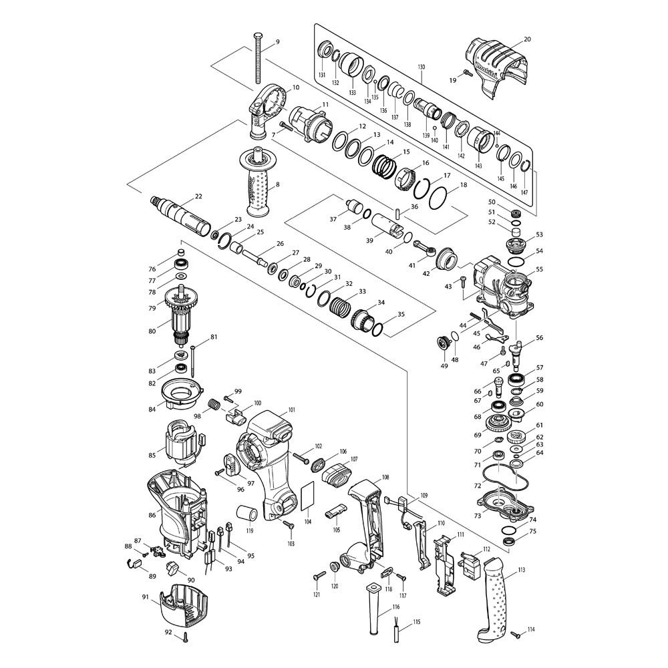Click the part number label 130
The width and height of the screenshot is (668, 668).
click(422, 67)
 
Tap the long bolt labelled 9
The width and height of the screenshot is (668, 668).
click(257, 58)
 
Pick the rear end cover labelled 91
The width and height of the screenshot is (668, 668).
click(185, 607)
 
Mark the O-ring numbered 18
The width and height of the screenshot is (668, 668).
click(438, 198)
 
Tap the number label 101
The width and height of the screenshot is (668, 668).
click(291, 410)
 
